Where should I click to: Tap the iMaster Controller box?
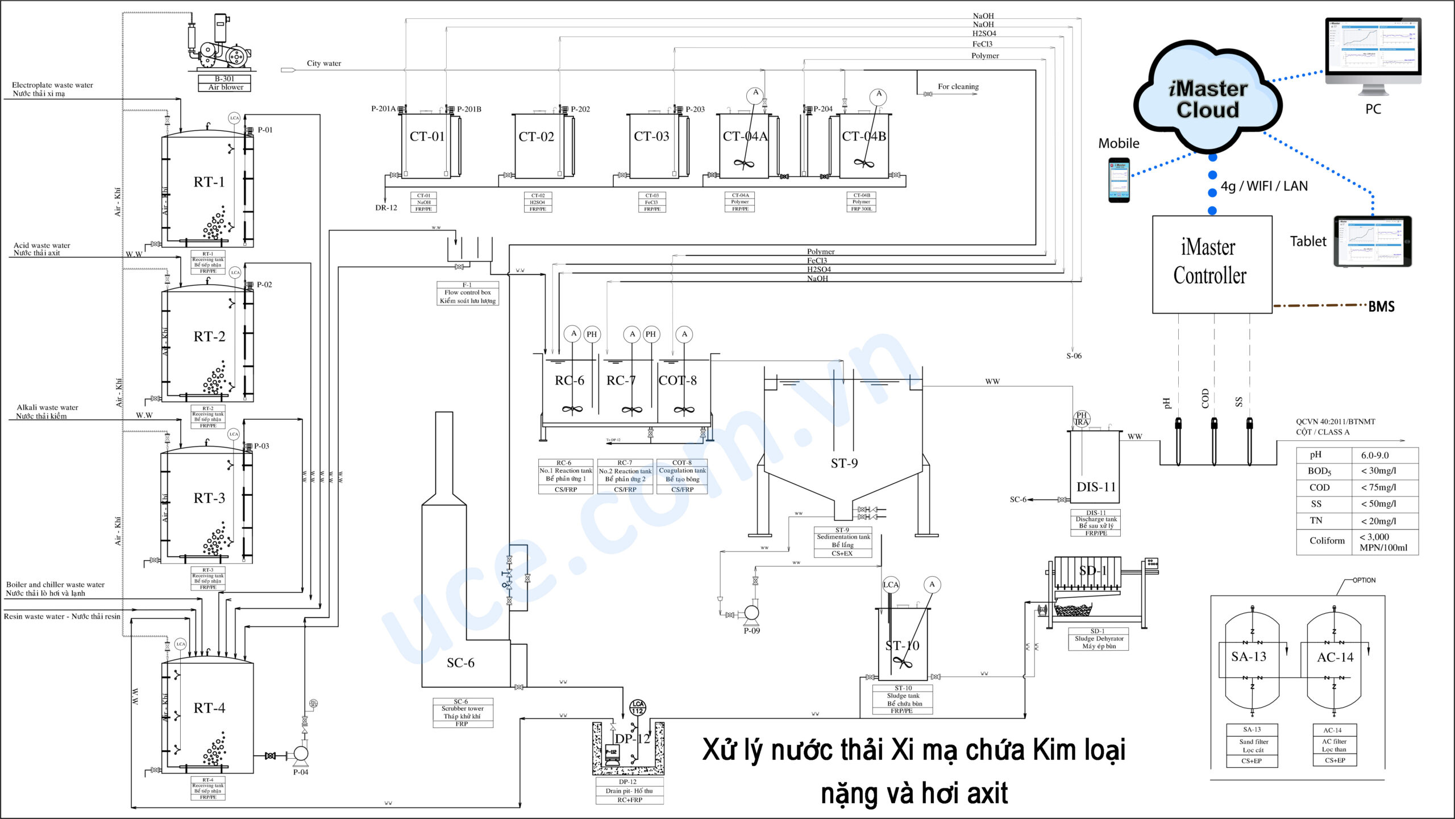pos(1211,263)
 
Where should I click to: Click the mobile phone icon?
pos(1119,180)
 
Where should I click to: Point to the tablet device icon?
pos(1372,241)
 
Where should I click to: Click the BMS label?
pos(1381,307)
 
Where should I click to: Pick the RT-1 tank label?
pos(209,182)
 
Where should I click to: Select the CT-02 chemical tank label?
pos(536,136)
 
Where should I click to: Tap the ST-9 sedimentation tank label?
pos(844,463)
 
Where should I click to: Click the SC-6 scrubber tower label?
pos(460,663)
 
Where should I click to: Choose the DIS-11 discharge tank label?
pos(1096,487)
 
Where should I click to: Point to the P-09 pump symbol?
pos(751,613)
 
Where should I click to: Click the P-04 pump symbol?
pos(300,754)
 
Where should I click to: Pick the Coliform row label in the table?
pos(1327,540)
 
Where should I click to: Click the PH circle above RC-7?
pos(650,334)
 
